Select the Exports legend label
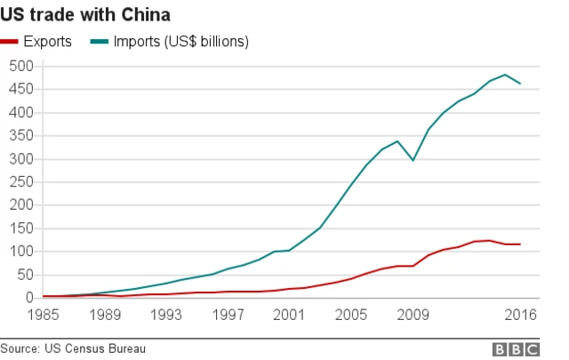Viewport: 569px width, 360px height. point(49,42)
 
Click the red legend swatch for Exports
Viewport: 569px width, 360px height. point(11,42)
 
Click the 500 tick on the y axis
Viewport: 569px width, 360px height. point(20,67)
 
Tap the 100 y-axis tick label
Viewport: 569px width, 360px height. point(20,252)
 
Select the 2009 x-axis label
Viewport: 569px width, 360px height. point(411,314)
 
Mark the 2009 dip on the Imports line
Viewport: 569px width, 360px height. point(413,160)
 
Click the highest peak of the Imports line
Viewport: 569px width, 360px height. point(505,75)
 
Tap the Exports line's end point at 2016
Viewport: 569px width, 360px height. point(520,244)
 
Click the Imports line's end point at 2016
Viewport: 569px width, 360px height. point(520,84)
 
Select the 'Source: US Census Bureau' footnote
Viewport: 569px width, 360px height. point(73,348)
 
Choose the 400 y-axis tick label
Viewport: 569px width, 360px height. point(20,113)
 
